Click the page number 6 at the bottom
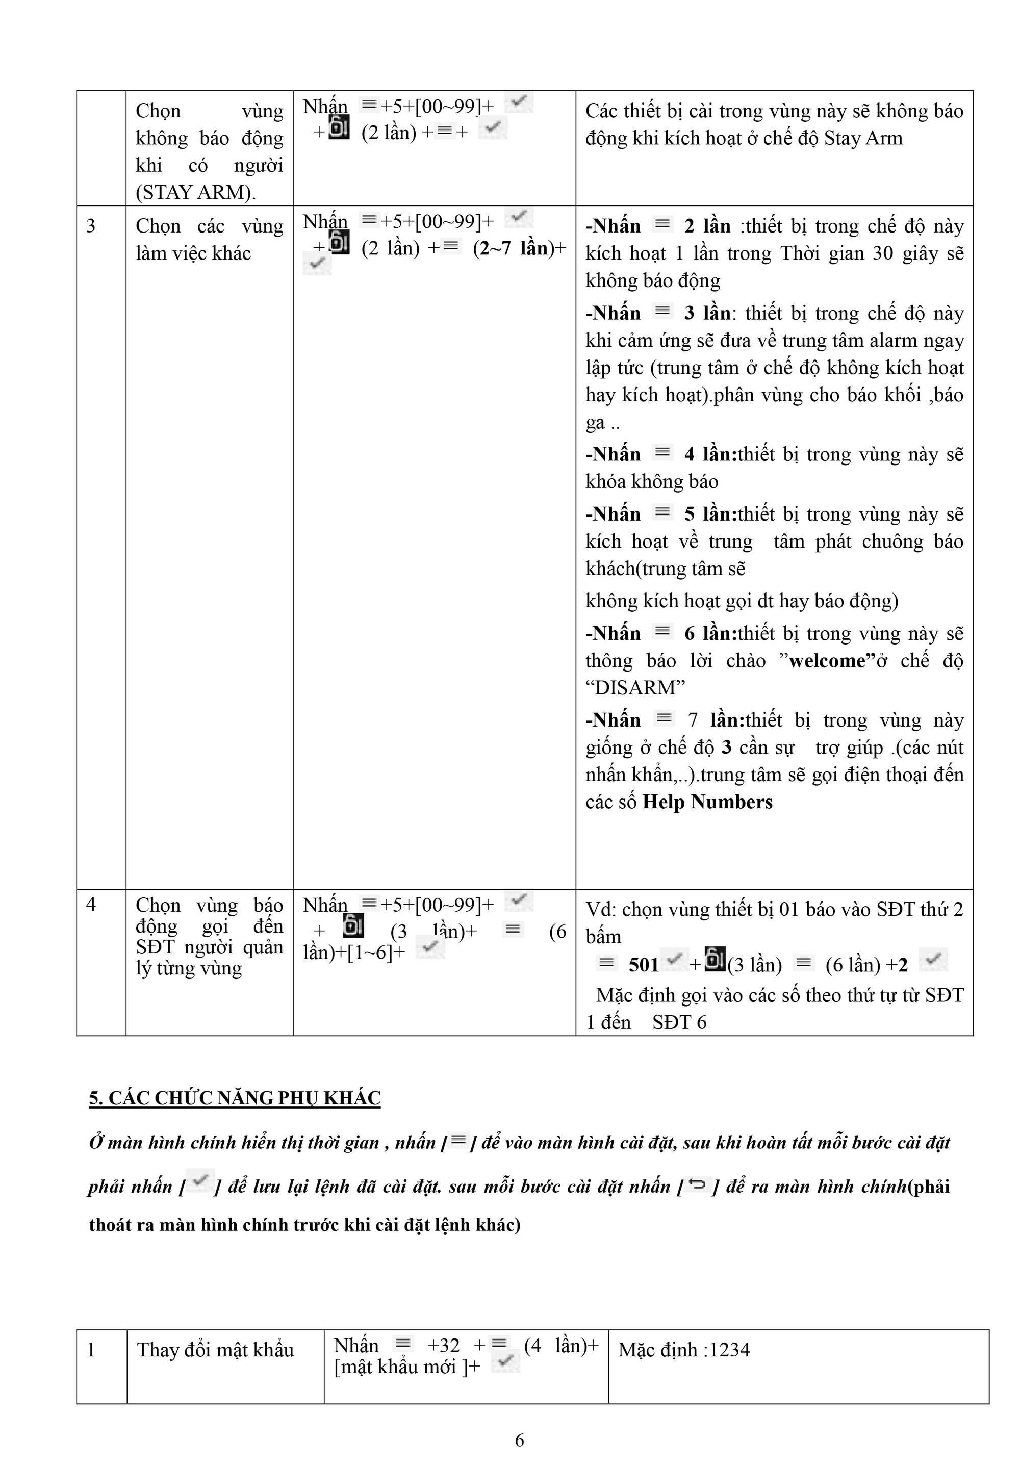pos(519,1439)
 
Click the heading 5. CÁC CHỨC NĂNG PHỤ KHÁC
pos(235,1097)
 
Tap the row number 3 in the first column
pos(91,225)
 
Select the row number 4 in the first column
pos(91,904)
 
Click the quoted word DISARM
pos(635,687)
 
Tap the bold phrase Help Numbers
pos(707,801)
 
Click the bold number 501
pos(644,964)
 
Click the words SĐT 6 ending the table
pos(679,1022)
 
